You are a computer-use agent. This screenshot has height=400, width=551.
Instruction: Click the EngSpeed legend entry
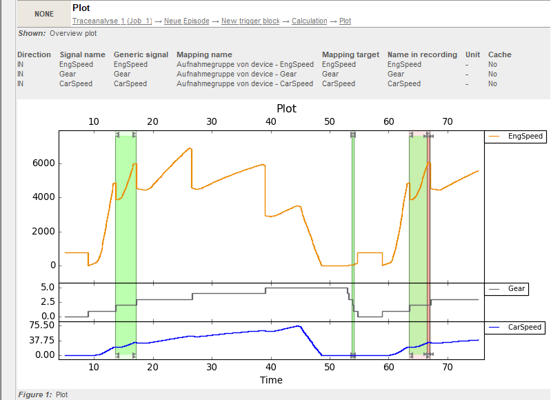[x=516, y=137]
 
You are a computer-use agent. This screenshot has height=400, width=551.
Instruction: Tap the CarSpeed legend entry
[x=515, y=328]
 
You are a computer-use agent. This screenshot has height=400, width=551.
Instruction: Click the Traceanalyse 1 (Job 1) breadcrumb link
[x=112, y=21]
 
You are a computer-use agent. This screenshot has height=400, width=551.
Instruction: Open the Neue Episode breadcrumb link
[x=187, y=21]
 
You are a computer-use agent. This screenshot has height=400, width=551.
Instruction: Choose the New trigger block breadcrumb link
[x=250, y=21]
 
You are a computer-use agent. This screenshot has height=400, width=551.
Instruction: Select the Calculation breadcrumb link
[x=309, y=21]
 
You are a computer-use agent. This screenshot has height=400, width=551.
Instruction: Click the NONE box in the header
[x=44, y=14]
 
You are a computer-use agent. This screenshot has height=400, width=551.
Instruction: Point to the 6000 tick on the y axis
[x=43, y=163]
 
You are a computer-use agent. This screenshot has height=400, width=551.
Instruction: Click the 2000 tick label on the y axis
[x=43, y=232]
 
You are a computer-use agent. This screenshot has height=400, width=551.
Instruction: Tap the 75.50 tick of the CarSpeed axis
[x=42, y=325]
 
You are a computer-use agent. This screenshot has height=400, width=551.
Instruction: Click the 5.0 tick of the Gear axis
[x=48, y=288]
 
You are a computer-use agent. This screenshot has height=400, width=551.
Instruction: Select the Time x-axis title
[x=271, y=380]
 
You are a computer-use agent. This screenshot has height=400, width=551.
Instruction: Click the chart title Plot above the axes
[x=286, y=108]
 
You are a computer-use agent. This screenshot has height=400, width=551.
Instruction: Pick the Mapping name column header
[x=204, y=55]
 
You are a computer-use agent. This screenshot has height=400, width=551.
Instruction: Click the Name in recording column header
[x=422, y=55]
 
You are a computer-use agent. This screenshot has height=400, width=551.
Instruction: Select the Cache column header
[x=500, y=55]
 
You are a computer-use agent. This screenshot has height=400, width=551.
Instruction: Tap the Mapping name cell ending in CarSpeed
[x=245, y=83]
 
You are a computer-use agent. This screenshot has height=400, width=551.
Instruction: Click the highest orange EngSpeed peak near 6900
[x=190, y=148]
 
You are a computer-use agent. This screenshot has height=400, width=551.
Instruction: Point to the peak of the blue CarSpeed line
[x=299, y=326]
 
